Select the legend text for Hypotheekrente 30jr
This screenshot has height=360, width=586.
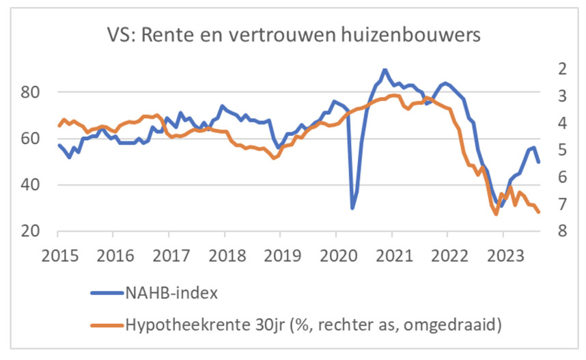click(313, 325)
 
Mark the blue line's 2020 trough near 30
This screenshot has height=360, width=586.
click(352, 208)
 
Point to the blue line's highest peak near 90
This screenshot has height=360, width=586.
click(385, 70)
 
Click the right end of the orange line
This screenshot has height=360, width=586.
click(538, 212)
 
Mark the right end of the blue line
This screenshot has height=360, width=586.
click(539, 162)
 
